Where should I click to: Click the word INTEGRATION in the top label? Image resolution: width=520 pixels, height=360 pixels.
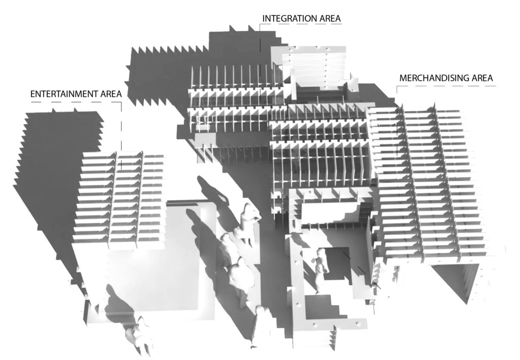pos(286,19)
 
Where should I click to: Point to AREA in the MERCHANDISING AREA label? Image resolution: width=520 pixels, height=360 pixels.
pos(482,79)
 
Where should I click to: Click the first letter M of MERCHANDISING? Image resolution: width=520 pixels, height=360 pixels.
pos(403,79)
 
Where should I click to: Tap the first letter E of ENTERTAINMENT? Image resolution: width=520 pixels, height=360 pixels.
pos(33,94)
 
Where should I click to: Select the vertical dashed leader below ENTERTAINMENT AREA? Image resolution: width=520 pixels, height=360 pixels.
pos(121,132)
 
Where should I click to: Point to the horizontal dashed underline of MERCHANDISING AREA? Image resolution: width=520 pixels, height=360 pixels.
pos(447,86)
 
